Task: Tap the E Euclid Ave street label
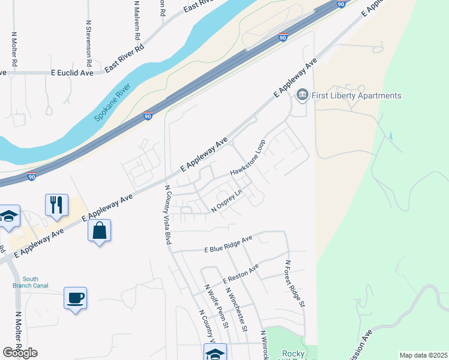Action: [x=72, y=73]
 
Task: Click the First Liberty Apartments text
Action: [x=357, y=96]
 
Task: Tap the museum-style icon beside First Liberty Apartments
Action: [x=302, y=95]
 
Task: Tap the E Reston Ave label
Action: [x=240, y=274]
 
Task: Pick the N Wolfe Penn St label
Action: [x=217, y=306]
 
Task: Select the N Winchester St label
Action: [x=237, y=309]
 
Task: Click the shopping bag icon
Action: [x=99, y=230]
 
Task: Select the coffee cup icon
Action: [x=75, y=298]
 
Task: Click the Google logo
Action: [x=20, y=353]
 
